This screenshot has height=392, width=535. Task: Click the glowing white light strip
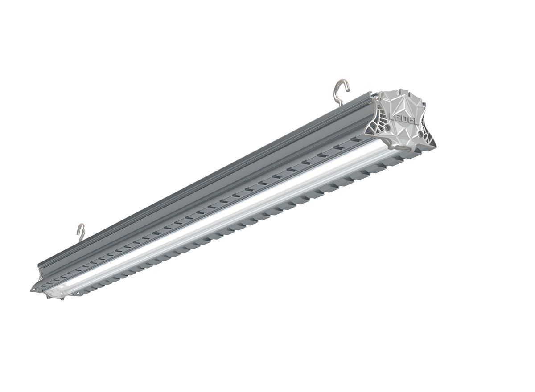[223, 214]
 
